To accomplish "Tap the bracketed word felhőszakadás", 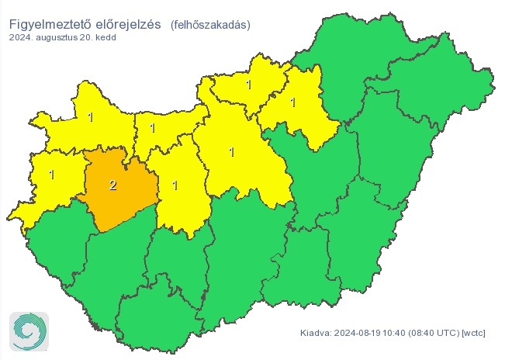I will [209, 24].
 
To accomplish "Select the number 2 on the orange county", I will [113, 185].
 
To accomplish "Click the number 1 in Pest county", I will [231, 152].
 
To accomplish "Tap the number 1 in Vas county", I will [52, 175].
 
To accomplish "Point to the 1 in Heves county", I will [292, 102].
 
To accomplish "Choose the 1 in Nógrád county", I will [248, 85].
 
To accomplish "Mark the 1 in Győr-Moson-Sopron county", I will [91, 118].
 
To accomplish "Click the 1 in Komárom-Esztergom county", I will [153, 128].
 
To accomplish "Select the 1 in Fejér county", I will [175, 185].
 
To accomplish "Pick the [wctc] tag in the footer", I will [474, 334].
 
